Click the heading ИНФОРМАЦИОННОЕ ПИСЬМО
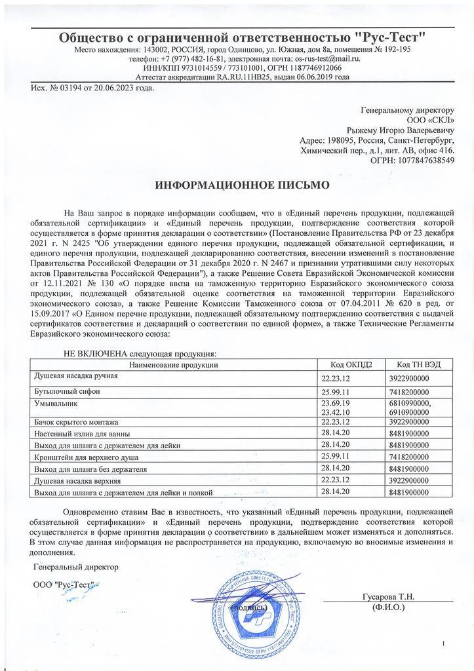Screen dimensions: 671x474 coord(242,185)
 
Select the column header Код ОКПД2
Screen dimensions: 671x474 coord(347,364)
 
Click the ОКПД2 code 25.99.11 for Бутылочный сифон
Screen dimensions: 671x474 coord(336,391)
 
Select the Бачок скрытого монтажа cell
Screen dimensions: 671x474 coord(75,421)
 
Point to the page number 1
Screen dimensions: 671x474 coord(444,643)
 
